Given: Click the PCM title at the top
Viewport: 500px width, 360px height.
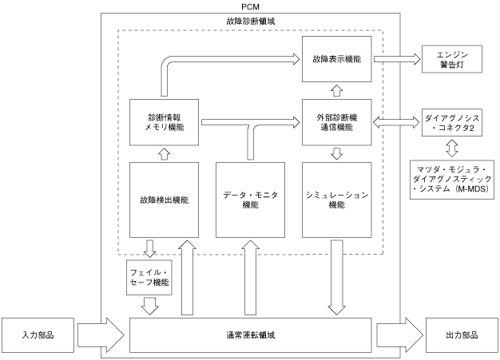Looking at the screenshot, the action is tap(250, 6).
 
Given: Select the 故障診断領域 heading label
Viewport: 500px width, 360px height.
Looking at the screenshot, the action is tap(250, 22).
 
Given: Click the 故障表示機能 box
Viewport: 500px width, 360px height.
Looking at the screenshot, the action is tap(337, 59).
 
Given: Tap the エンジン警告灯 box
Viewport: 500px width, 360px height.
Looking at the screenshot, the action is tap(452, 59).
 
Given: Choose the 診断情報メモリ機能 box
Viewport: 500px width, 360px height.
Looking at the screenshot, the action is tap(165, 122).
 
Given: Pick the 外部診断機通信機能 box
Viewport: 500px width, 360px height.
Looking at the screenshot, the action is tap(337, 122).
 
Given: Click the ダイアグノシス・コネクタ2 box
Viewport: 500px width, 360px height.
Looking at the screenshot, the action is tap(452, 123).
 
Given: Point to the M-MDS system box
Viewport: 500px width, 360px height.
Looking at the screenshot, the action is tap(452, 180).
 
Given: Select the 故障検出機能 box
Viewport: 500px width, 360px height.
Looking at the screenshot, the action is tap(165, 200).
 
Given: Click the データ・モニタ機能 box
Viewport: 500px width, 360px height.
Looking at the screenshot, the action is tap(250, 200).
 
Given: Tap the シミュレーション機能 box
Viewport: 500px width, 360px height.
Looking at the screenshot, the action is tap(337, 200).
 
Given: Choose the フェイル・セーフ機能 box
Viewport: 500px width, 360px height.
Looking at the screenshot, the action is tap(149, 278).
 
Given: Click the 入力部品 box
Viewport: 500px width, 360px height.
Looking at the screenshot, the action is tap(38, 335).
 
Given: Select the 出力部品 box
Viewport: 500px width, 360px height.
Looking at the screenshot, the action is tap(462, 335).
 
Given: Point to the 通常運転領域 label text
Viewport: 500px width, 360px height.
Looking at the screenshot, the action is tap(250, 335).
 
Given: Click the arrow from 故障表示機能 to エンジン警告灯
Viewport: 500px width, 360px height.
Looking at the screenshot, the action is tap(397, 59).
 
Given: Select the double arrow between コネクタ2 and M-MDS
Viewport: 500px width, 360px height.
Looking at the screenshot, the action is tap(452, 148).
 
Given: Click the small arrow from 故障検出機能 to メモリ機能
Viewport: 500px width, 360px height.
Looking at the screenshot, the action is tap(165, 154).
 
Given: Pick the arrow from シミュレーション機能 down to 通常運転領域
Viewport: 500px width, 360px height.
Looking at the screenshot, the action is tap(337, 278).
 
